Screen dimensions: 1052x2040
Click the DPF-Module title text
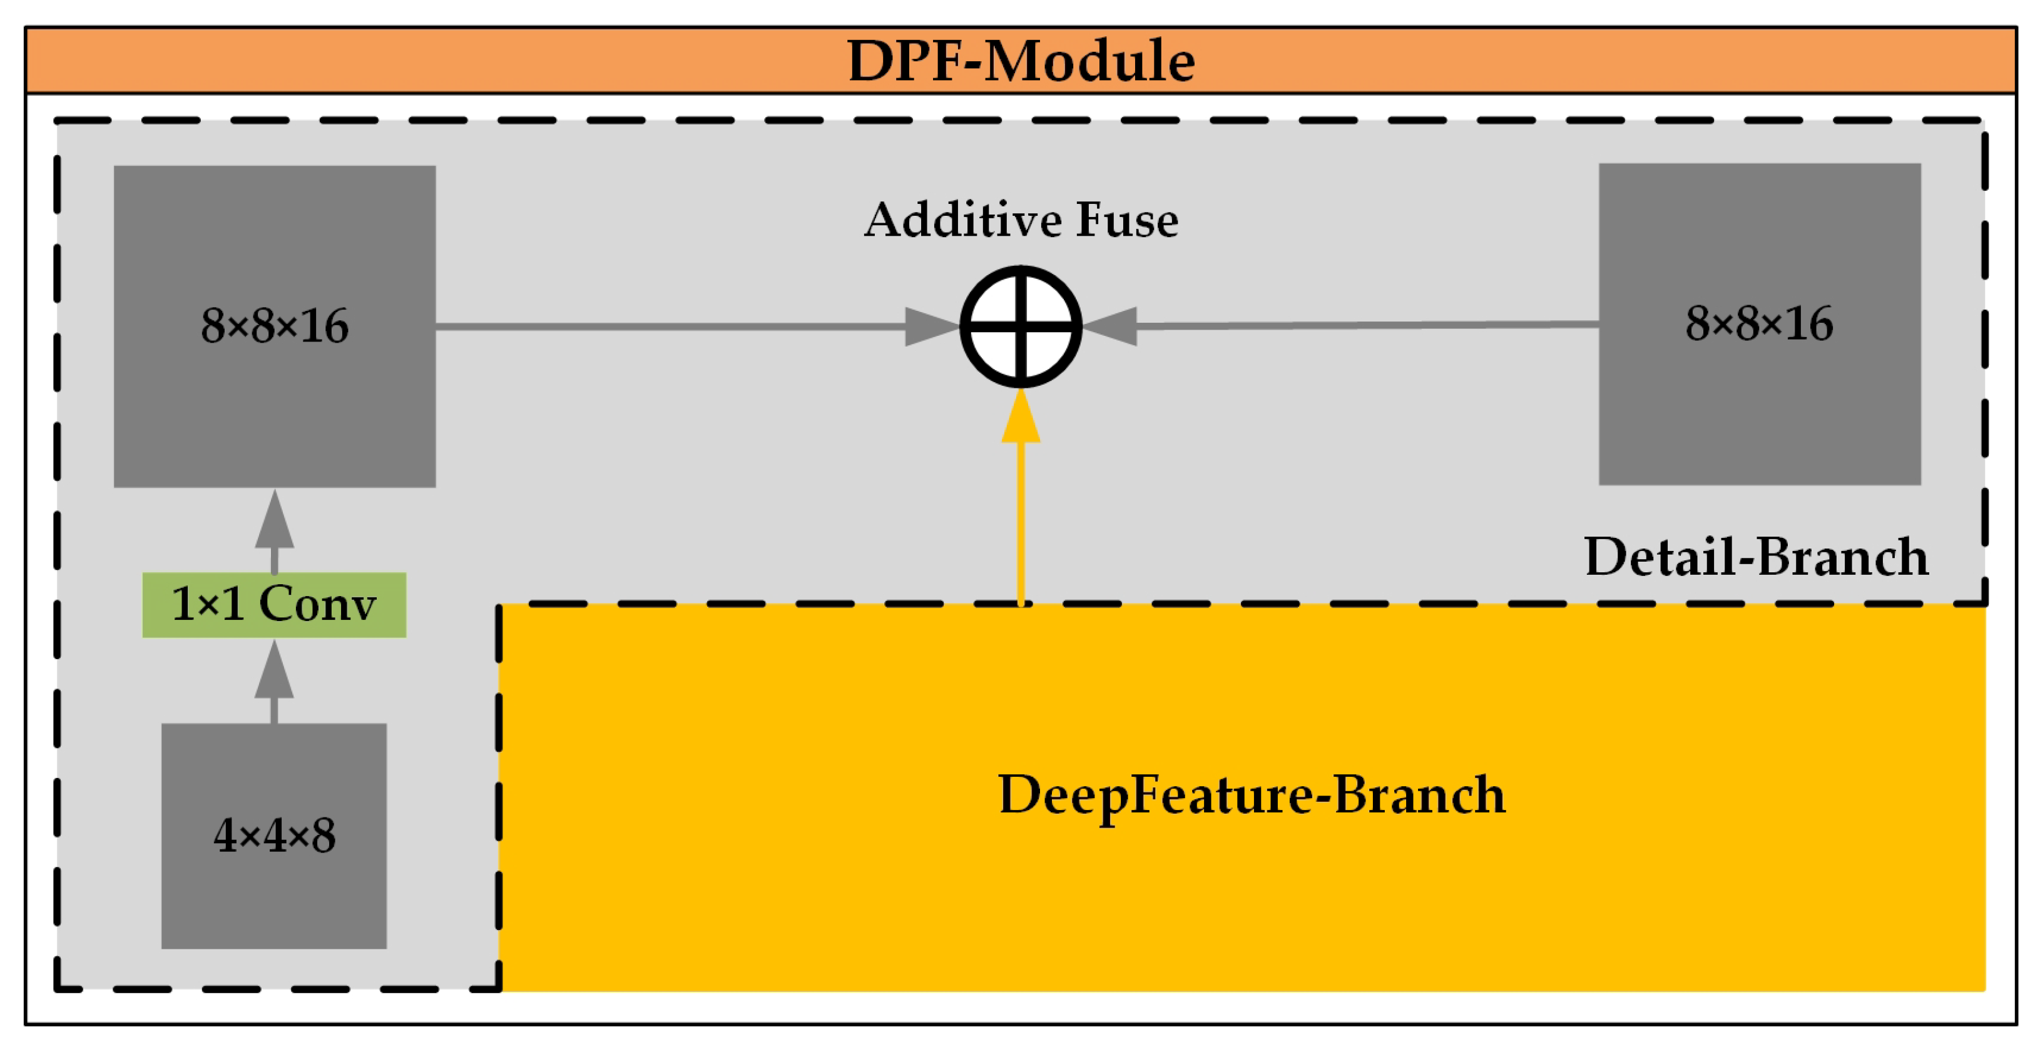(x=1020, y=61)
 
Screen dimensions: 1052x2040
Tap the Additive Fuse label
(x=1020, y=220)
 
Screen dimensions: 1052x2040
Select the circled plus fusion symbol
(x=1020, y=326)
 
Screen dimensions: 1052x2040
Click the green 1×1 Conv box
(x=274, y=605)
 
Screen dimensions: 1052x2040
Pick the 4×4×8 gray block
(x=274, y=835)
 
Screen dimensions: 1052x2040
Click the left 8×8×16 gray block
(x=274, y=325)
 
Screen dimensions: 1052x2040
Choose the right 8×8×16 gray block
(x=1759, y=324)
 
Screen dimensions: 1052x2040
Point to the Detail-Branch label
(x=1756, y=557)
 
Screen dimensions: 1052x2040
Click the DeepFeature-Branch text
(x=1252, y=795)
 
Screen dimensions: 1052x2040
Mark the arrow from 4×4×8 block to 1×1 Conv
(x=274, y=680)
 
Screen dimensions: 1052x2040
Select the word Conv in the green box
(x=317, y=604)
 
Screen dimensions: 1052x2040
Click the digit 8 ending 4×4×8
(x=323, y=836)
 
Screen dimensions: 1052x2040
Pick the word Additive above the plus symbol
(x=959, y=220)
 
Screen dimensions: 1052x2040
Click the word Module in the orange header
(x=1089, y=61)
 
